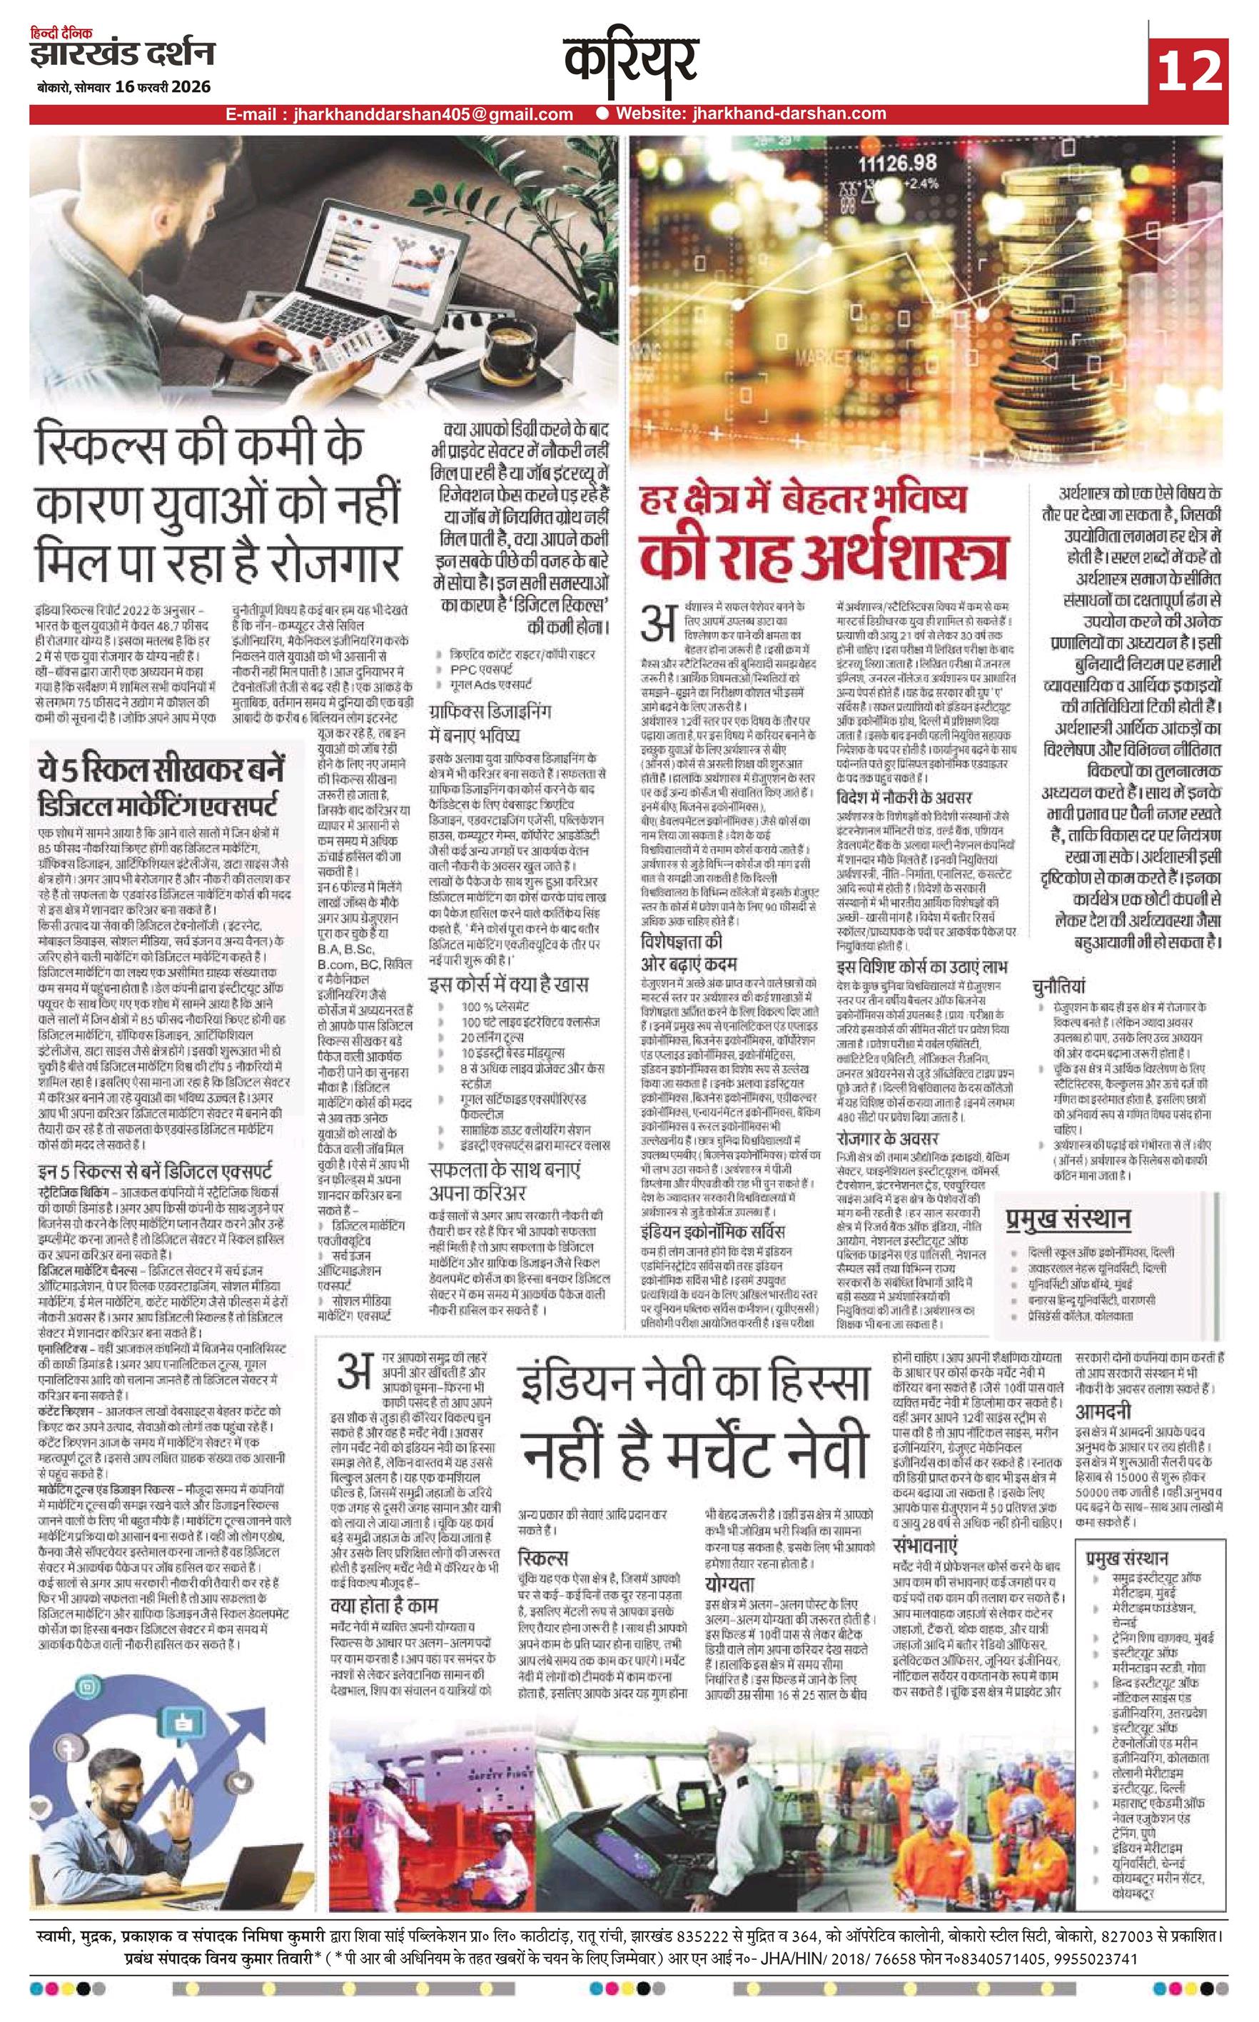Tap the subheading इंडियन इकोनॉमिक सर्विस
tap(713, 1231)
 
